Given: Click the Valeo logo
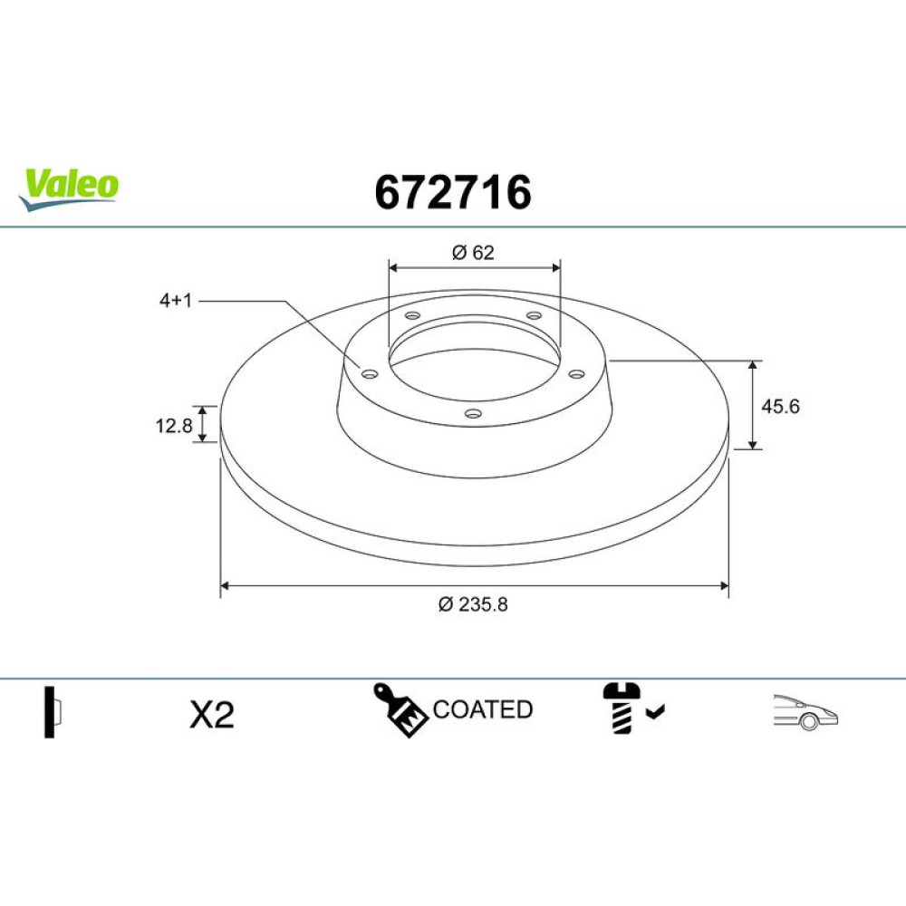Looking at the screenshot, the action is (x=69, y=189).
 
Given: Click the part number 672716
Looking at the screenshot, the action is (x=452, y=192).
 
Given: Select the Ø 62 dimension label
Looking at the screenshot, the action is (x=473, y=253).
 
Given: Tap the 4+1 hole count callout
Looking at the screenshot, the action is (x=176, y=301).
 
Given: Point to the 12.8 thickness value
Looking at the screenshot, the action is (x=173, y=426).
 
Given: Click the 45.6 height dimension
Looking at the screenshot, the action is (x=780, y=406).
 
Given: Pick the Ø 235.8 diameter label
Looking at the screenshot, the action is (x=473, y=604).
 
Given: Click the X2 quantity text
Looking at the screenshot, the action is (x=212, y=715).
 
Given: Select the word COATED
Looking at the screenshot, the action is (x=483, y=709).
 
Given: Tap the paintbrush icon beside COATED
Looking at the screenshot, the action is (x=400, y=710).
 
